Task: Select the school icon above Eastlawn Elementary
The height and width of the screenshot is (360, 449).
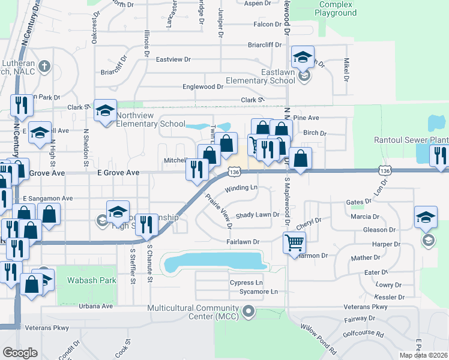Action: (x=303, y=59)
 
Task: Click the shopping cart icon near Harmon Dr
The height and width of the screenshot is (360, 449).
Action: (x=294, y=243)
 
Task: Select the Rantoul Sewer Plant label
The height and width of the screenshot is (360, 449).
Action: (x=411, y=140)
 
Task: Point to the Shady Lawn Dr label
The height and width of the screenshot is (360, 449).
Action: (x=258, y=215)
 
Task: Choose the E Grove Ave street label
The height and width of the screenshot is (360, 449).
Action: (x=118, y=173)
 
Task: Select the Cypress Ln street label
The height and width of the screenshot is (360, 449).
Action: (x=246, y=283)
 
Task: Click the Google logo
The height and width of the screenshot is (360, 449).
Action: (x=20, y=353)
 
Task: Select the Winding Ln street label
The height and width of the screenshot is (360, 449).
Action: (x=241, y=188)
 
